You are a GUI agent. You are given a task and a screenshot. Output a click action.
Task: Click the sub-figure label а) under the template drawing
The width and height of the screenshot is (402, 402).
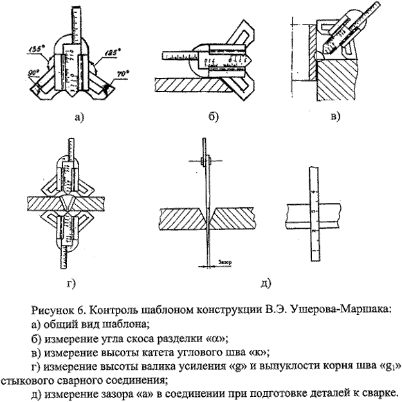(78, 117)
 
